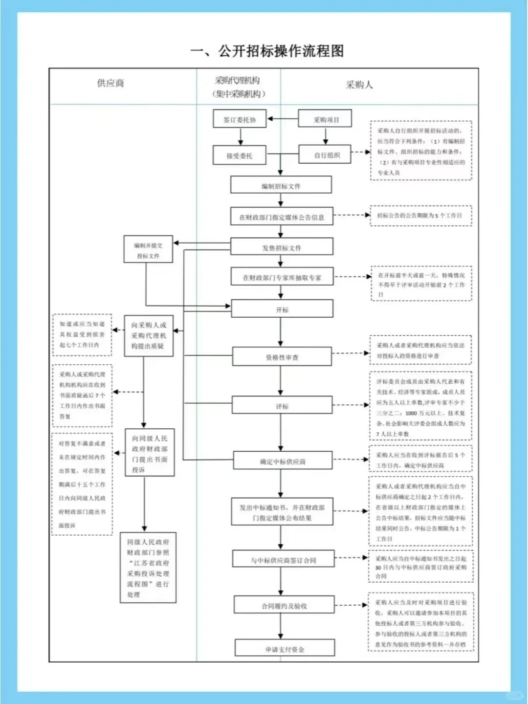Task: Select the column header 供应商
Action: (x=110, y=83)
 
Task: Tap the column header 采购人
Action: (x=359, y=85)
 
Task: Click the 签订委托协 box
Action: (x=240, y=119)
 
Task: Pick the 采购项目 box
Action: (x=325, y=119)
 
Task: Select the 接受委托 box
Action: (x=240, y=155)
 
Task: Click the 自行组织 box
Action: (x=325, y=155)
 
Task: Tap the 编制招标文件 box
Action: (x=281, y=186)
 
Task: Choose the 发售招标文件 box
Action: (x=282, y=247)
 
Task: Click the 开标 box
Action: (x=282, y=309)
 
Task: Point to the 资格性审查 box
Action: (x=282, y=357)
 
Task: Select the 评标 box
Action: (x=282, y=406)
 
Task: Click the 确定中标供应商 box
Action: (x=283, y=461)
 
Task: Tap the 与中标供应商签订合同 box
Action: (x=284, y=560)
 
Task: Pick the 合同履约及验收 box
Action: (x=284, y=605)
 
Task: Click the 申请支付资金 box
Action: (x=285, y=649)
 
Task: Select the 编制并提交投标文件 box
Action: (x=148, y=250)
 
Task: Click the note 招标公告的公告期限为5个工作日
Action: (x=420, y=216)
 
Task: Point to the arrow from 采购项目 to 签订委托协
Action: (x=282, y=119)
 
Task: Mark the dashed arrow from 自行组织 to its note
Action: (x=361, y=152)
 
